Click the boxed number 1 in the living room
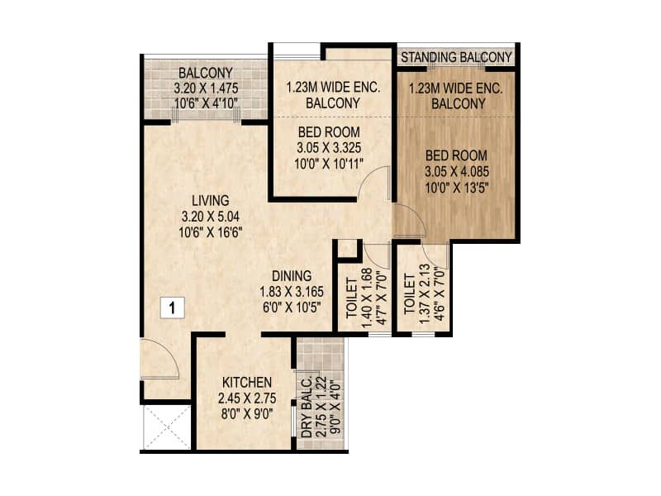172,308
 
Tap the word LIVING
211,200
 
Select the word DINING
292,276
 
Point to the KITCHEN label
247,383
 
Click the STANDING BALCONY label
456,57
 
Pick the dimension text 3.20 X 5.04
211,217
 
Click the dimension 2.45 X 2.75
247,398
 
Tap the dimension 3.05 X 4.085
457,172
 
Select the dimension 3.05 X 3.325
329,148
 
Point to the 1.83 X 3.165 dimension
292,292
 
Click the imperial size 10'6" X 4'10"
206,103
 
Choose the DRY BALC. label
307,406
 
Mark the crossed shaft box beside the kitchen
168,427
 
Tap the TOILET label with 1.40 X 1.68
352,298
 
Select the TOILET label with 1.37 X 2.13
409,294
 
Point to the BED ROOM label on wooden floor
457,155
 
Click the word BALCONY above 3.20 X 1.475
206,73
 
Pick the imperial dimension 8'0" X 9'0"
247,414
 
